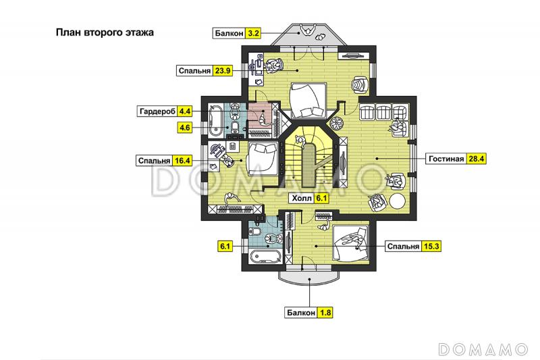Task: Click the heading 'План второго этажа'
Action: pos(105,32)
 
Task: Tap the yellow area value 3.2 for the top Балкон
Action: pos(254,33)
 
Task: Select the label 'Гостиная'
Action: pos(446,159)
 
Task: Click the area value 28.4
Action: pos(477,159)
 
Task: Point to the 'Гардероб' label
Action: pos(157,111)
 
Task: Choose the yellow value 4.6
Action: pos(184,128)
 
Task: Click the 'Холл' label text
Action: pos(302,199)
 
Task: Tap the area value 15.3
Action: pos(431,247)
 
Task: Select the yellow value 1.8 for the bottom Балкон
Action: pos(325,313)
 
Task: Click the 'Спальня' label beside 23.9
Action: pos(194,71)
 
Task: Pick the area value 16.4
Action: pos(182,161)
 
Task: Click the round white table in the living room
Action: pos(398,201)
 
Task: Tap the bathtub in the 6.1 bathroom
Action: pos(265,257)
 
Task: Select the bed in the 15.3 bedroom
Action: pos(351,243)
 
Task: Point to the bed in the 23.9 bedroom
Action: pos(308,100)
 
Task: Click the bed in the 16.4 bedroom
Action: pos(263,159)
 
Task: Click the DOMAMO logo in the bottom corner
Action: pos(483,349)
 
